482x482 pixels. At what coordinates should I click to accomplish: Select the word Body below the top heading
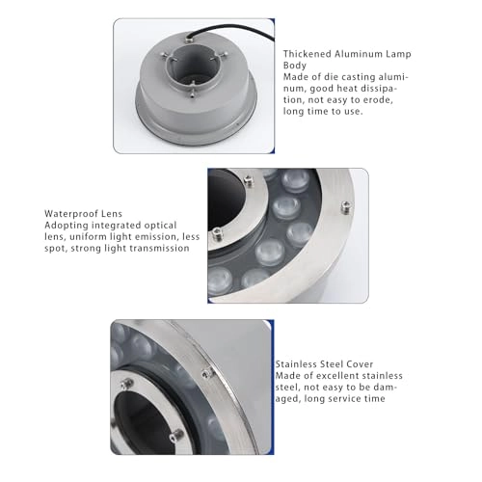point(294,66)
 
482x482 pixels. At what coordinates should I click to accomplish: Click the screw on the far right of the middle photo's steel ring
point(345,204)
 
